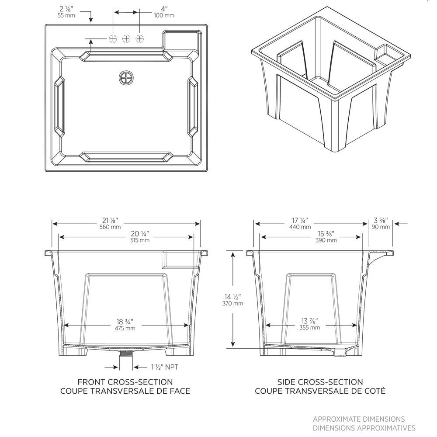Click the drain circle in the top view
[127, 78]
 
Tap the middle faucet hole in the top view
[126, 38]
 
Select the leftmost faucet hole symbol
[113, 38]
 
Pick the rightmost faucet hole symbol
[140, 38]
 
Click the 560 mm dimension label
[110, 227]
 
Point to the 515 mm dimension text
[140, 240]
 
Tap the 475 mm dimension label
[125, 328]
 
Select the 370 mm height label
[233, 304]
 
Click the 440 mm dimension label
[300, 227]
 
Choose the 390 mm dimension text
[326, 240]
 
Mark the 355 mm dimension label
[310, 328]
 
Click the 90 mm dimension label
[381, 227]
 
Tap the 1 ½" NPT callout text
[165, 367]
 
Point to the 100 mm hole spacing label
[164, 15]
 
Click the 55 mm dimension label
[66, 15]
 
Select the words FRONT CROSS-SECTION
[125, 382]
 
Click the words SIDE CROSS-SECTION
[320, 382]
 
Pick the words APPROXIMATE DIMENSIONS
[359, 419]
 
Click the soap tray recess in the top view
[181, 40]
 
